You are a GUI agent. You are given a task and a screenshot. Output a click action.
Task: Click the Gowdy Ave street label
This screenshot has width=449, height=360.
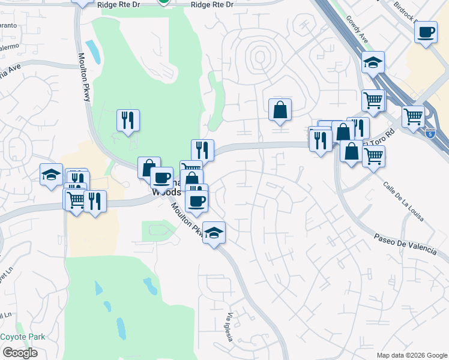[x=357, y=28]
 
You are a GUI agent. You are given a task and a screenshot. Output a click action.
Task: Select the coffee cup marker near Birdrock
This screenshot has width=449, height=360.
[x=426, y=32]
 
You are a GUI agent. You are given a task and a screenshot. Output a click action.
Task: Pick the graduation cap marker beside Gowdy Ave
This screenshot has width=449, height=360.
[x=373, y=62]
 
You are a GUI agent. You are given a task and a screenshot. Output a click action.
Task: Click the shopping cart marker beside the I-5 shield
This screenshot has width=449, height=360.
[x=414, y=117]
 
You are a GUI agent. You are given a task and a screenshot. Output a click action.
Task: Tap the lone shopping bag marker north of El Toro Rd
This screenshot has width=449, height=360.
[x=280, y=110]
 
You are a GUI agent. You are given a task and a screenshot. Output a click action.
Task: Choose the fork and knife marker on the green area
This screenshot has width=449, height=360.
[x=128, y=120]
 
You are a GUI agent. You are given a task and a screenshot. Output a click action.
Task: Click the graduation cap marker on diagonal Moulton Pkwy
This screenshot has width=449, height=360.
[x=213, y=233]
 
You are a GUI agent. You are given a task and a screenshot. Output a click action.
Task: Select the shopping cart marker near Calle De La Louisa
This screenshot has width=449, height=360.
[x=373, y=157]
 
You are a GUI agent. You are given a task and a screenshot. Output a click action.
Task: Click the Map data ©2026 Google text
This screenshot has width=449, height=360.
[x=412, y=355]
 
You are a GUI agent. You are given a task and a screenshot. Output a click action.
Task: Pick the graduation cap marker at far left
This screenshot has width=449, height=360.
[x=51, y=175]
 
